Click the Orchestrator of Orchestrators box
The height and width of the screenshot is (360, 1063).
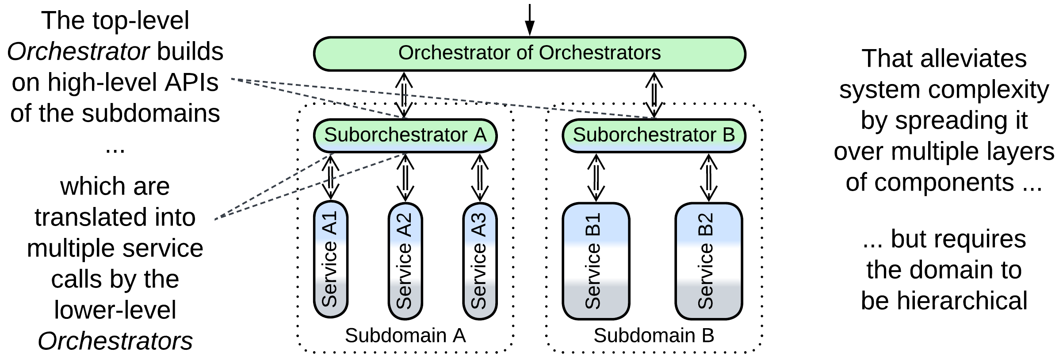point(529,54)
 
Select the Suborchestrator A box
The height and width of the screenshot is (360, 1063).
point(405,135)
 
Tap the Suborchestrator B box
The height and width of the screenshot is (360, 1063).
point(654,135)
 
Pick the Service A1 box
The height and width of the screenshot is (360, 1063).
point(330,260)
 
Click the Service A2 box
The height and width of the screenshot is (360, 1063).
point(405,261)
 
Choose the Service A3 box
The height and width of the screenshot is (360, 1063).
point(480,261)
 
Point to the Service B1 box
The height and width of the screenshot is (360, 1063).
point(596,261)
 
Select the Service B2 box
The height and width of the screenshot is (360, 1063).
point(708,261)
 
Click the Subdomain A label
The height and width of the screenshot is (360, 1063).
point(405,336)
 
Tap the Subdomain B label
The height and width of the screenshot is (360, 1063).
point(654,336)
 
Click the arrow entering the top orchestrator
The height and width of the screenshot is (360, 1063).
point(529,20)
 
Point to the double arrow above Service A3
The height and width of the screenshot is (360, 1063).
point(480,177)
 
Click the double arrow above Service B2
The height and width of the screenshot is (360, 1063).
point(708,177)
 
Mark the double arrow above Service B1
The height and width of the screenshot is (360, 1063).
point(596,177)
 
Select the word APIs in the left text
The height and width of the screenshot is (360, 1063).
point(191,83)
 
